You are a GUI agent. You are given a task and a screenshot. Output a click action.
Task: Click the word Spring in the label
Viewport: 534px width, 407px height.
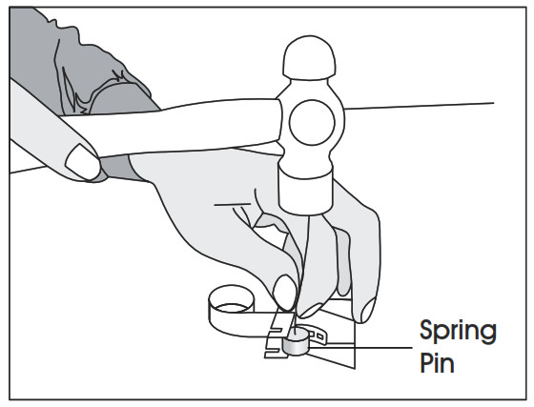458,331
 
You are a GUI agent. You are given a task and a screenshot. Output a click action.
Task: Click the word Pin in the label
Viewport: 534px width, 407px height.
437,362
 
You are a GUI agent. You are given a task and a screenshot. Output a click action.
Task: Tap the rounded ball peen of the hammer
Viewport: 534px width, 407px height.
309,58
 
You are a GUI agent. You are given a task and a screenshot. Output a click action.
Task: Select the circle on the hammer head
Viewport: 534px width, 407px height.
312,123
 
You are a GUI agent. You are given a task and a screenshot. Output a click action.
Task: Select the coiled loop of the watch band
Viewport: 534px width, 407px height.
232,308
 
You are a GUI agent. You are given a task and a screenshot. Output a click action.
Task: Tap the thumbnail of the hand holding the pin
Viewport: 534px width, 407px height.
284,293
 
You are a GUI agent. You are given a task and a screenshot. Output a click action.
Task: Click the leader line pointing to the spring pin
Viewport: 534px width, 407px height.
359,348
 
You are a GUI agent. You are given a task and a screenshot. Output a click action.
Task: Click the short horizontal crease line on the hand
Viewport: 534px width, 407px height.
233,205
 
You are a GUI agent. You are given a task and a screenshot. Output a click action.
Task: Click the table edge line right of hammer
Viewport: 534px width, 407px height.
419,106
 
